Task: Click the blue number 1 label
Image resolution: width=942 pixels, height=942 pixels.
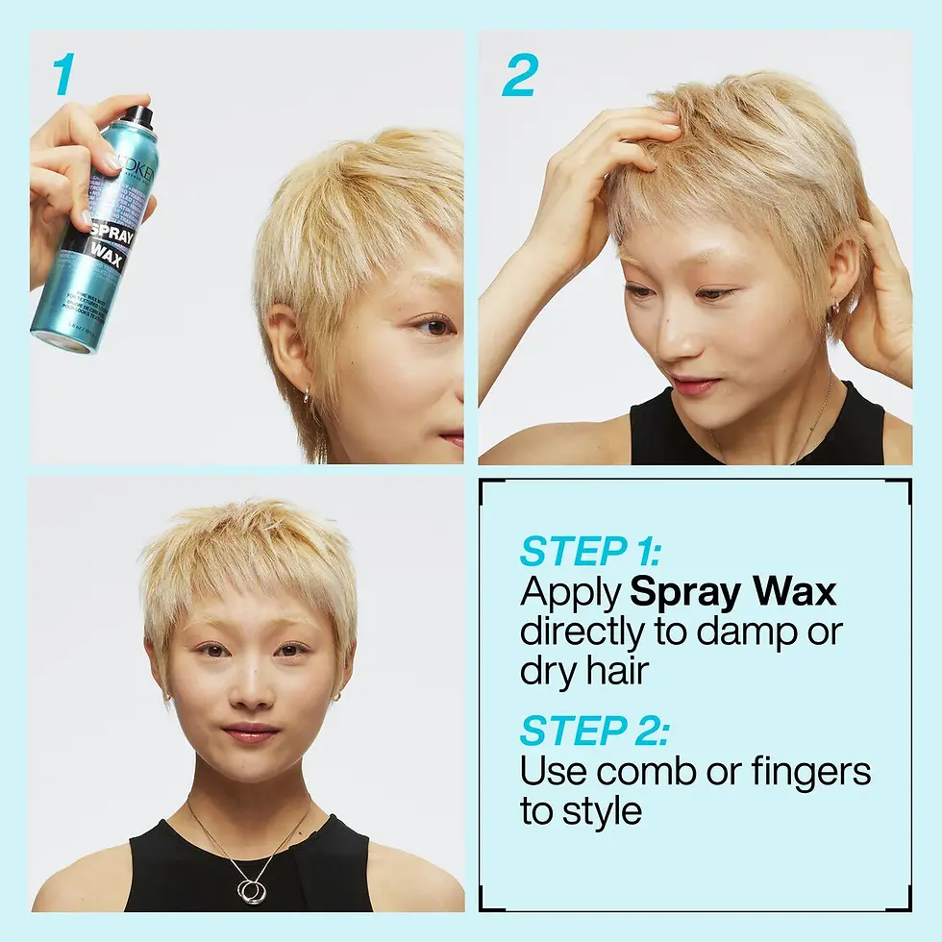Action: tap(62, 76)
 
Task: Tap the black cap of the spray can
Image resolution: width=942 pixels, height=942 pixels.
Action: tap(138, 116)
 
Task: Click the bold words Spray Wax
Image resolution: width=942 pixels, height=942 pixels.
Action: tap(732, 593)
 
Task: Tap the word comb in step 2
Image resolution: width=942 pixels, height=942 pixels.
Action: tap(664, 771)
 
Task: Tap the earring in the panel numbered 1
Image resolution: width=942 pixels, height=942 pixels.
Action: tap(306, 395)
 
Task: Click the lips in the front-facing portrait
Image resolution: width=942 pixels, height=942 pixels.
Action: tap(251, 733)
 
